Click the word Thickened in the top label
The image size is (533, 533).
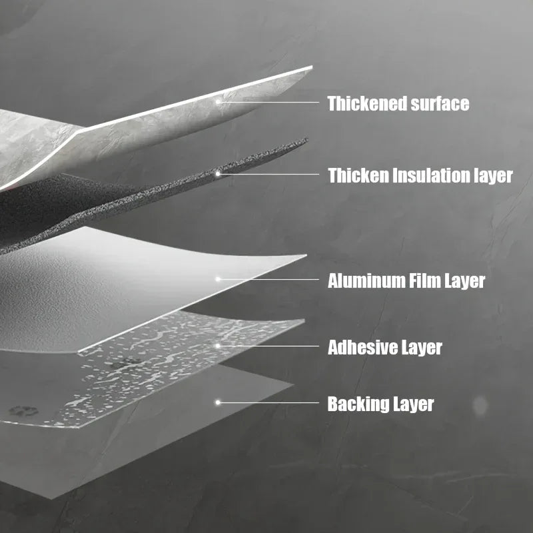point(367,103)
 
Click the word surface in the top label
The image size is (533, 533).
point(440,103)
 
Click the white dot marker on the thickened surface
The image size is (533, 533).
point(218,102)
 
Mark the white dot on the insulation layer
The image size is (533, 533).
point(218,174)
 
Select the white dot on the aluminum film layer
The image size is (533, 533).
point(218,279)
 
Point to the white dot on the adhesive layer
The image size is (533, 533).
point(218,346)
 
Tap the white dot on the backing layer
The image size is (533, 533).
point(218,402)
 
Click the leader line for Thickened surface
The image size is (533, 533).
point(268,102)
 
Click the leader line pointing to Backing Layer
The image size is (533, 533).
point(268,403)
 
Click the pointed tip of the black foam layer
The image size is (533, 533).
point(307,139)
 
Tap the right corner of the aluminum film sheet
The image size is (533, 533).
point(306,255)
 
